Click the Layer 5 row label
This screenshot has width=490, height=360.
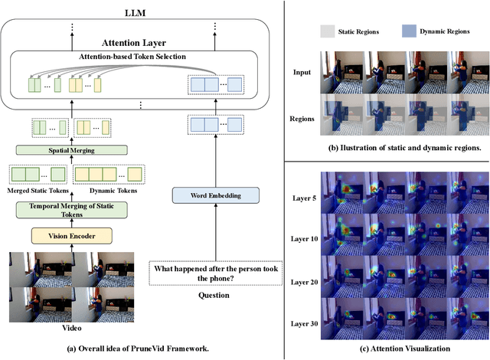(x=305, y=197)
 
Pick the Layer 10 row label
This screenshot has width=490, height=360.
(x=305, y=238)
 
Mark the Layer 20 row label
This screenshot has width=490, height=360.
(x=305, y=280)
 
